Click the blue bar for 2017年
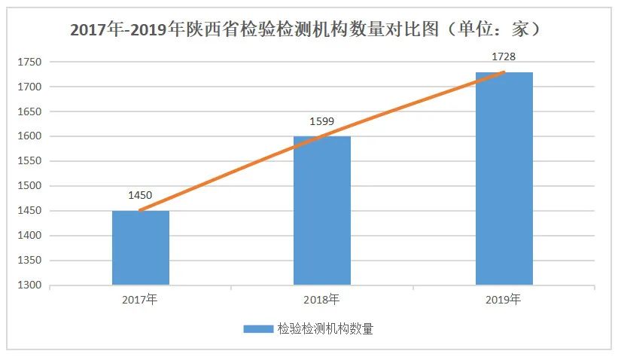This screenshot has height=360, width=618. [x=141, y=248]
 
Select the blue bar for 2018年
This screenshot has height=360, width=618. [x=322, y=211]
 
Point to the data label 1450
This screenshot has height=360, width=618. [x=141, y=196]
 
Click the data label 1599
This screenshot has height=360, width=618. [x=322, y=121]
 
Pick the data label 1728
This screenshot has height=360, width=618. [x=504, y=57]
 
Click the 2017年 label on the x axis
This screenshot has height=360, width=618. [x=141, y=300]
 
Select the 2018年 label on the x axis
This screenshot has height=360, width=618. [x=322, y=300]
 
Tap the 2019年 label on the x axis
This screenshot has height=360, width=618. [x=504, y=300]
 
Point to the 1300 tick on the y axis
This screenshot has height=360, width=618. [x=29, y=285]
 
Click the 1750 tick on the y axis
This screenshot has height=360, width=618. [x=29, y=63]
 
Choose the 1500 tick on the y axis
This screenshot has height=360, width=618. [x=29, y=186]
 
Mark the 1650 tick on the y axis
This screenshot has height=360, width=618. [x=29, y=111]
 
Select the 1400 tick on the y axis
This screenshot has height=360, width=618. [x=29, y=236]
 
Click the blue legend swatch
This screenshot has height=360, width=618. [x=258, y=328]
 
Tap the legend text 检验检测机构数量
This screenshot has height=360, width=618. [x=325, y=328]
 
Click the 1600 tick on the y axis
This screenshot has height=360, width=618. [x=29, y=136]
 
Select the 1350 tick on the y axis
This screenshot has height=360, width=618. [x=29, y=261]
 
